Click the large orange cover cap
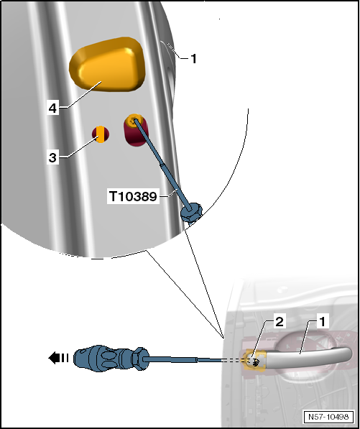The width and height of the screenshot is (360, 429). tap(107, 64)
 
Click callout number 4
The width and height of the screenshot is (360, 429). tap(52, 109)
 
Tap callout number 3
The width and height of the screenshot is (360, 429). tap(52, 157)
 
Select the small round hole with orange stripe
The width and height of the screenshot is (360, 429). tap(101, 134)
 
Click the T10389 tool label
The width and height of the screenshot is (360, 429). tap(133, 196)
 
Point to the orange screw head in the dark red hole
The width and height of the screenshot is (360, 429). tap(134, 121)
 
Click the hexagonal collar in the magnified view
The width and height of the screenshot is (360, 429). tap(191, 212)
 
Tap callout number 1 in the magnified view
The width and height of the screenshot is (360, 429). tap(193, 58)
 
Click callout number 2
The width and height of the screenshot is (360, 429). tap(279, 322)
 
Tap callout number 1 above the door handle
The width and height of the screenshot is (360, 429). tap(323, 322)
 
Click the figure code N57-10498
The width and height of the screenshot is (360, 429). tap(328, 417)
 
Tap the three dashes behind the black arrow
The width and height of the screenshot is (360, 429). tap(65, 358)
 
